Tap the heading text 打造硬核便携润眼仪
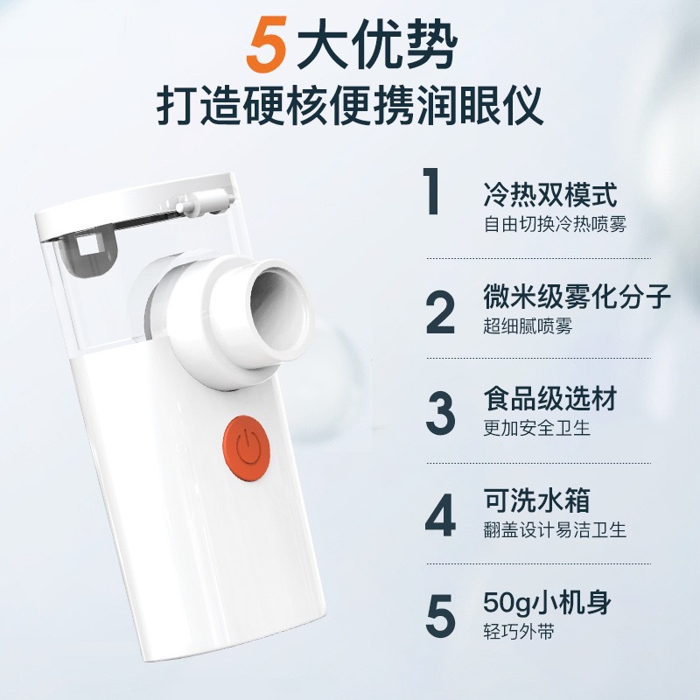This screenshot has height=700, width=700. click(350, 106)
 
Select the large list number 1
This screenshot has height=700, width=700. click(430, 194)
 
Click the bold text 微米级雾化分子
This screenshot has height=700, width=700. click(577, 297)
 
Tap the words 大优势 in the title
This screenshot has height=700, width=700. click(375, 46)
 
